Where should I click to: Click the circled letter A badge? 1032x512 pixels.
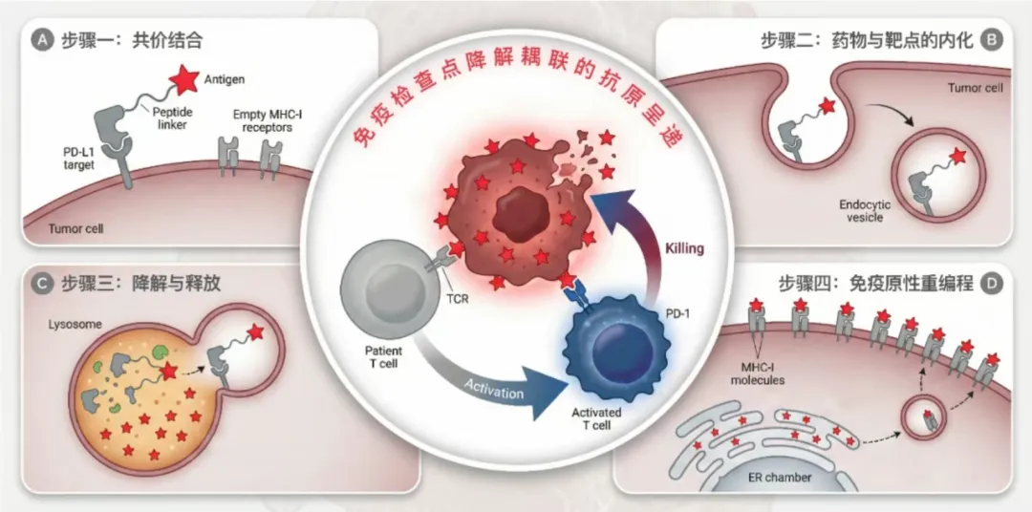[42, 41]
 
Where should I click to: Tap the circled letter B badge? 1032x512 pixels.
[991, 40]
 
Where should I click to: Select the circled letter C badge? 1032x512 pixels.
[42, 283]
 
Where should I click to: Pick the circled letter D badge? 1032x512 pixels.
[992, 283]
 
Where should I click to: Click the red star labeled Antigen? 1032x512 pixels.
[180, 76]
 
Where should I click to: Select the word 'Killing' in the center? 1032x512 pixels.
[684, 248]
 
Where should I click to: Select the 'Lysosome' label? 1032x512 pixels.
[74, 324]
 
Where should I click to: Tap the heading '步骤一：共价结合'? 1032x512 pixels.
[131, 41]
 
